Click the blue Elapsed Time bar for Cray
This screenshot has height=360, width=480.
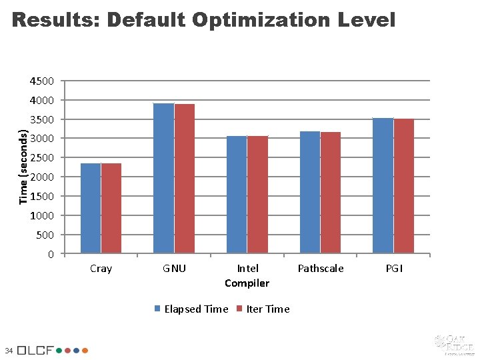(x=90, y=208)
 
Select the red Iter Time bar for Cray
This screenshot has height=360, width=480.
(x=111, y=208)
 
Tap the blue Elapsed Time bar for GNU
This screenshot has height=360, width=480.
(x=163, y=178)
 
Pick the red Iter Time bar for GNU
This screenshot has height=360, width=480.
(x=185, y=179)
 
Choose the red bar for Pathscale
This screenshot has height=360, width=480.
(x=331, y=193)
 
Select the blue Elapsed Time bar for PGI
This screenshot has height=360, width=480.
(x=383, y=185)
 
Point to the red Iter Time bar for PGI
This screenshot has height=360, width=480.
(x=404, y=186)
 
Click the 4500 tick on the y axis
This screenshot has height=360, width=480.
(x=42, y=81)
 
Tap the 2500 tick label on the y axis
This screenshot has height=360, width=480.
(x=42, y=158)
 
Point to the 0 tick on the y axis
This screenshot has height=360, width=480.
(x=51, y=254)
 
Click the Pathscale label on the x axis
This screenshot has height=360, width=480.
(x=321, y=268)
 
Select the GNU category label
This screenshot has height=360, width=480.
(x=174, y=268)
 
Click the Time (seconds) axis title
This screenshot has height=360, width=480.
(x=24, y=167)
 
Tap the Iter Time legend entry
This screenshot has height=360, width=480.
(x=267, y=309)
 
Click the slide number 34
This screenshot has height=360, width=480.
(x=8, y=350)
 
